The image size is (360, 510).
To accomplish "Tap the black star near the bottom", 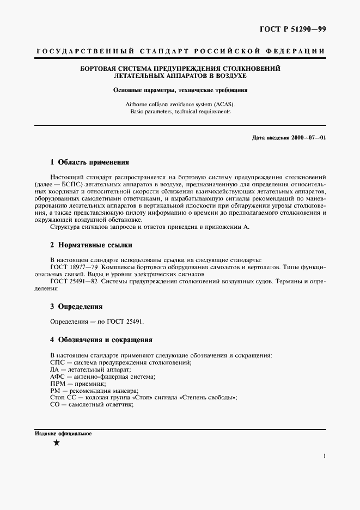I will pyautogui.click(x=57, y=443).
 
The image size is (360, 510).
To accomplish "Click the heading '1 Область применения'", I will pyautogui.click(x=89, y=162).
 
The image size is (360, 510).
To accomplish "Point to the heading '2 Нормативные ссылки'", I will pyautogui.click(x=91, y=245).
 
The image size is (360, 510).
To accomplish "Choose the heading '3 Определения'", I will pyautogui.click(x=76, y=306).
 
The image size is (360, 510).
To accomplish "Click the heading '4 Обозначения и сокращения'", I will pyautogui.click(x=101, y=340).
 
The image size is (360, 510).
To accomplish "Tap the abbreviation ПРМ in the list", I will pyautogui.click(x=58, y=384).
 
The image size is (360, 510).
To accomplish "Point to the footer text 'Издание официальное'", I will pyautogui.click(x=63, y=434).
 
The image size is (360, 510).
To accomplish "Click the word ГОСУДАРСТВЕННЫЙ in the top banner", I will pyautogui.click(x=84, y=51).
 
